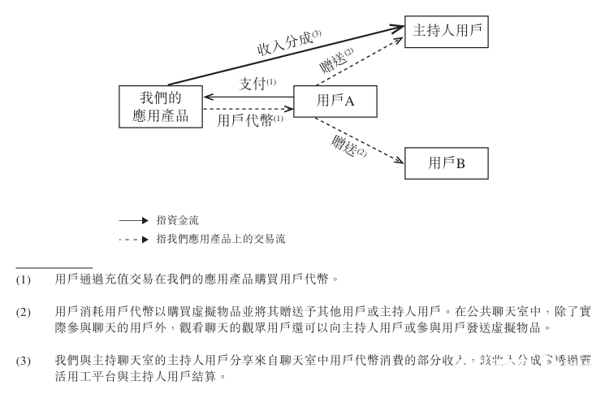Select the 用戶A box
[335, 101]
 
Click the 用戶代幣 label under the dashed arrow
[250, 119]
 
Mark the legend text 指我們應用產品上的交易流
[220, 240]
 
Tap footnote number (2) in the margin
[24, 312]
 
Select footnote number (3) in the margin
[24, 360]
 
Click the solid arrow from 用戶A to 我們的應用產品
[248, 97]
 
